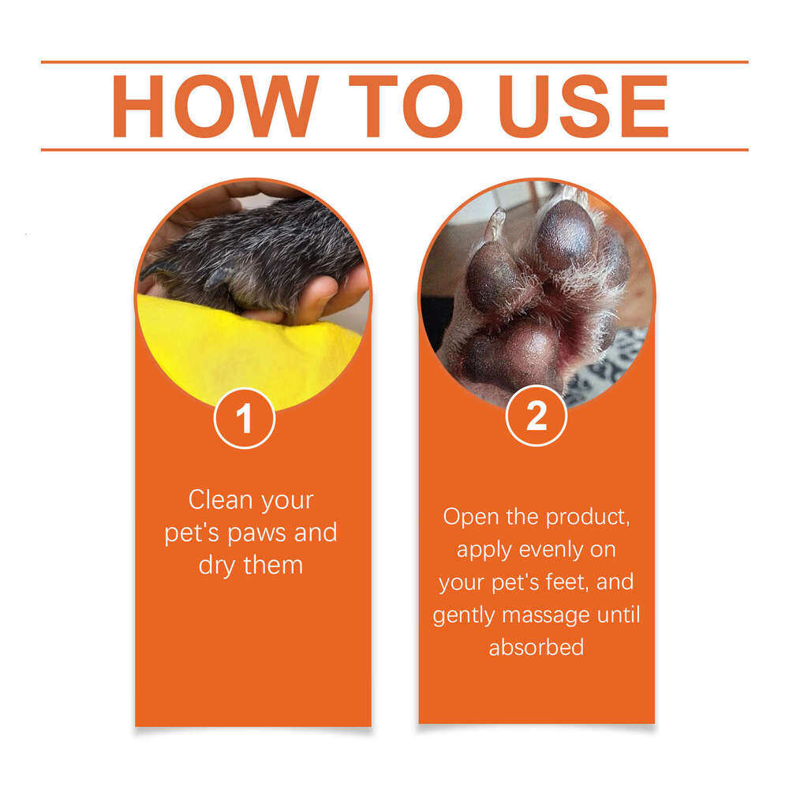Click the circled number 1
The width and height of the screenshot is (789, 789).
tap(245, 419)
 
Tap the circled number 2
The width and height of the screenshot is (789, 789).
tap(537, 416)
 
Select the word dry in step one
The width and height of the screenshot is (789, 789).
tap(218, 566)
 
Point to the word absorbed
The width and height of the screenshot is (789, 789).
tap(537, 648)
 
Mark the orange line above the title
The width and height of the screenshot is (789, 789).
tap(394, 62)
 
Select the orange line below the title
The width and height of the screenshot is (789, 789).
tap(394, 149)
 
